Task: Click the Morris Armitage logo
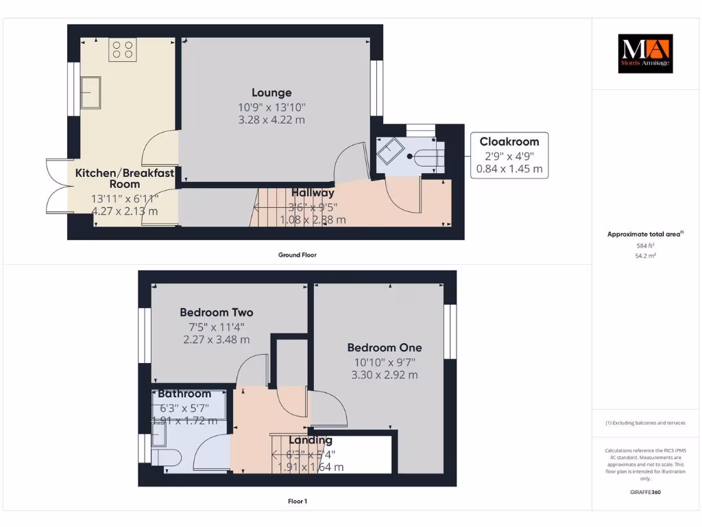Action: pyautogui.click(x=645, y=54)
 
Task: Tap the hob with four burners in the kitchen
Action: pyautogui.click(x=123, y=49)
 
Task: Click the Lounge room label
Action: pyautogui.click(x=271, y=93)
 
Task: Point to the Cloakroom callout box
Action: pyautogui.click(x=509, y=155)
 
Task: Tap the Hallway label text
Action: pyautogui.click(x=313, y=193)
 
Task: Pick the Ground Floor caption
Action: pyautogui.click(x=297, y=255)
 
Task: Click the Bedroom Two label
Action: pyautogui.click(x=217, y=312)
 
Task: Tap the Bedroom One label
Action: pyautogui.click(x=384, y=347)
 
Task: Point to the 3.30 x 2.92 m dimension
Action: pyautogui.click(x=384, y=375)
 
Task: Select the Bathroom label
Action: pyautogui.click(x=184, y=394)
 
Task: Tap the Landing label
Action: pyautogui.click(x=310, y=440)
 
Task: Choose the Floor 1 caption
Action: pyautogui.click(x=297, y=502)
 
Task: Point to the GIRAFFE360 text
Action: pyautogui.click(x=644, y=492)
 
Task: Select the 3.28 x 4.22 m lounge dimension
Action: pyautogui.click(x=271, y=119)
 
